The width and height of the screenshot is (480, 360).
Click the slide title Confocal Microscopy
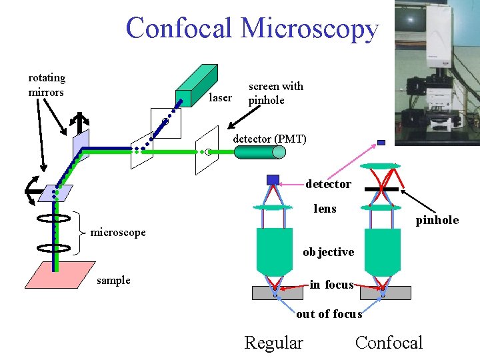(252, 28)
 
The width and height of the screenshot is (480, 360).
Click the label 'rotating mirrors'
(47, 85)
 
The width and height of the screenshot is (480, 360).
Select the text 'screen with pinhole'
(275, 93)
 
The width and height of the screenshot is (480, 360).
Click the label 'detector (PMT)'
(269, 139)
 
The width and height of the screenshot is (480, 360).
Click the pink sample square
(60, 274)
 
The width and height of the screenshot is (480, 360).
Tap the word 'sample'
(113, 280)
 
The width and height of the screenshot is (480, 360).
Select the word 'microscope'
(118, 232)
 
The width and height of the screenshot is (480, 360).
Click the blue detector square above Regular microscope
(273, 179)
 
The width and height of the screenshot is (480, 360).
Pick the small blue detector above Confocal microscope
(381, 142)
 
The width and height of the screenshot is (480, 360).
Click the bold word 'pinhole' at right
(437, 220)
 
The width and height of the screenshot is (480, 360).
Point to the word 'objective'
(328, 252)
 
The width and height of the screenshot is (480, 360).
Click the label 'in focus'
(331, 285)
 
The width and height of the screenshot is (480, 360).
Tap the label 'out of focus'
(329, 313)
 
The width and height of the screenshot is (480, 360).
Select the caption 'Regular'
(273, 343)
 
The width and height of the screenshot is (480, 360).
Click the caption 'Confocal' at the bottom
(389, 343)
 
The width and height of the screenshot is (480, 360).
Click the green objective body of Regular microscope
(273, 250)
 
